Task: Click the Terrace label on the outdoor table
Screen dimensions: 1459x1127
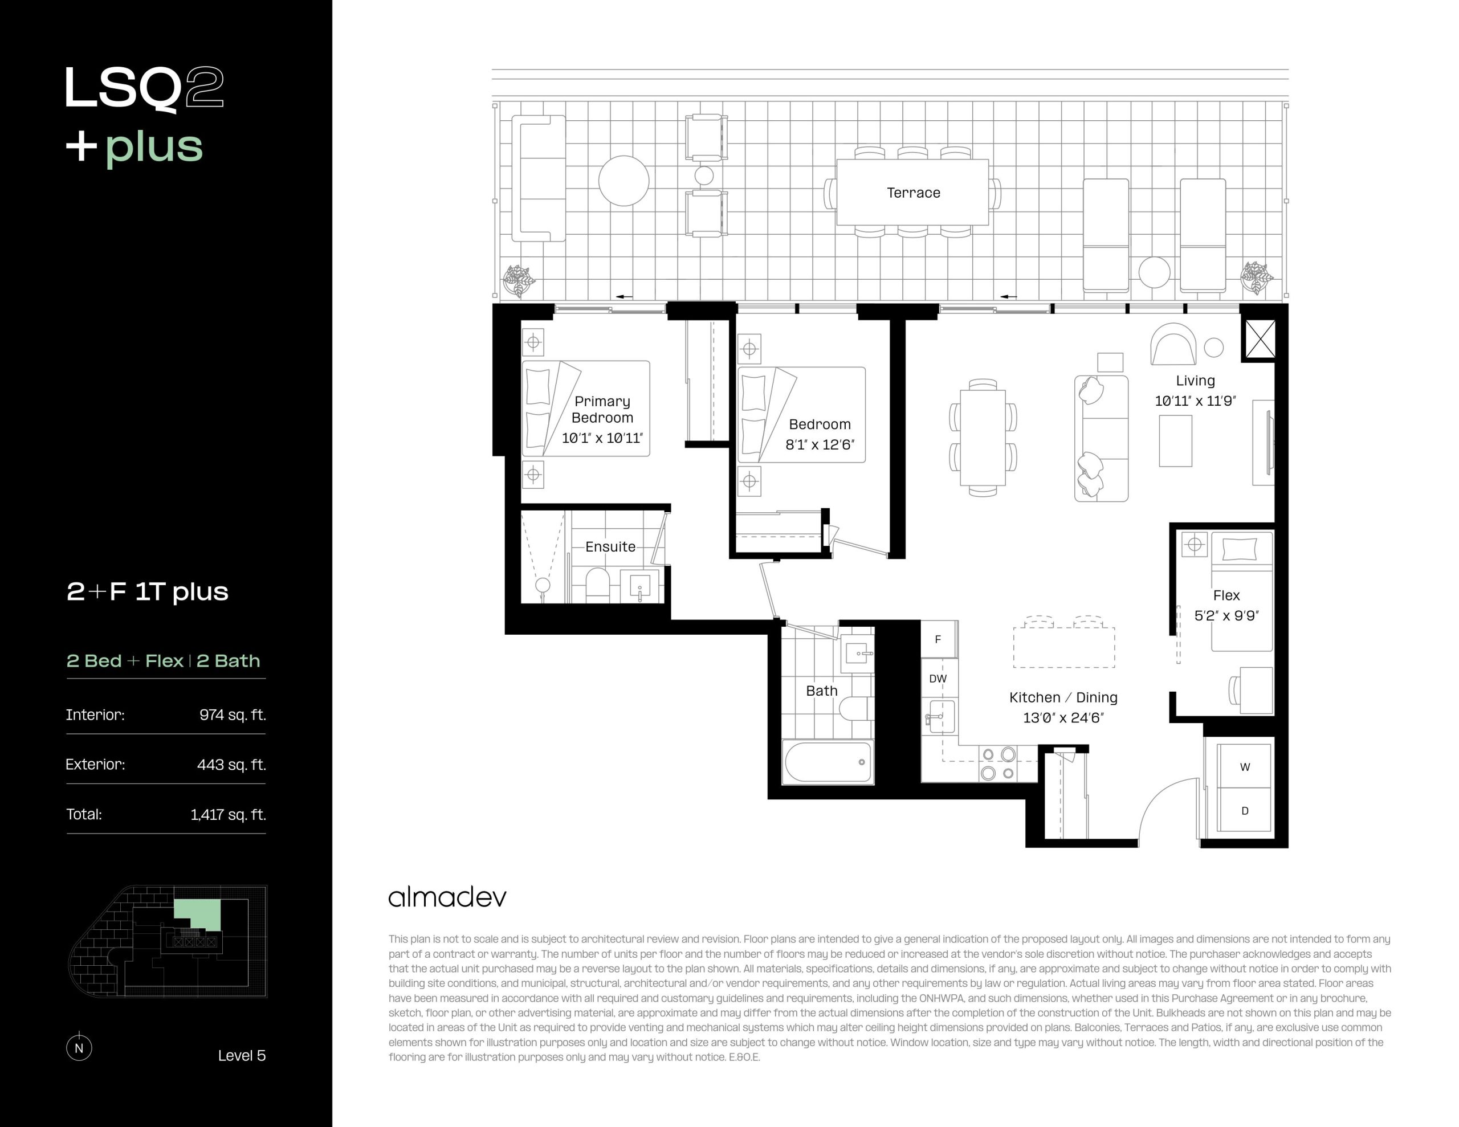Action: (x=913, y=193)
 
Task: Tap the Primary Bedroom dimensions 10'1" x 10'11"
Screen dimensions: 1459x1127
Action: (x=602, y=438)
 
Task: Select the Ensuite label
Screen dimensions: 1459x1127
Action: (x=610, y=546)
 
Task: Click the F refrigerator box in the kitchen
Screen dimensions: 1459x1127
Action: (x=939, y=639)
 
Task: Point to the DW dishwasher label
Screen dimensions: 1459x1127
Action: (x=938, y=679)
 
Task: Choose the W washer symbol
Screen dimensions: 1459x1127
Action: (x=1245, y=767)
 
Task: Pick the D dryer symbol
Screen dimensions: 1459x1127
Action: (x=1245, y=810)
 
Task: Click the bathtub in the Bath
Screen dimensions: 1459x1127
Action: (x=828, y=762)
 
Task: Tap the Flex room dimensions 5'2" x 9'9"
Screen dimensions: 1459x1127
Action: (x=1226, y=616)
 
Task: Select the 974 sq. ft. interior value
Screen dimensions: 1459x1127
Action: (x=233, y=715)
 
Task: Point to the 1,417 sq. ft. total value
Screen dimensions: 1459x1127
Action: (x=228, y=814)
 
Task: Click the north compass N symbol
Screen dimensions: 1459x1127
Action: (x=79, y=1047)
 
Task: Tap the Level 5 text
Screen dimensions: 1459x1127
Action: (x=242, y=1056)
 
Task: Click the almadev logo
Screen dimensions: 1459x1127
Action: (x=447, y=897)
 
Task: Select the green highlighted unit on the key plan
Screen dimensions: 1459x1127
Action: (x=198, y=913)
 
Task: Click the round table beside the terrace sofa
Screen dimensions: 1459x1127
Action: (x=623, y=181)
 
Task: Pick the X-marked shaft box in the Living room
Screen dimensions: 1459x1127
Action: (x=1260, y=340)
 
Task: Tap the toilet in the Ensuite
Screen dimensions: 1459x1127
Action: (x=597, y=585)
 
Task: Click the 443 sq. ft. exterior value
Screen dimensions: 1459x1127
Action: (x=231, y=765)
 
